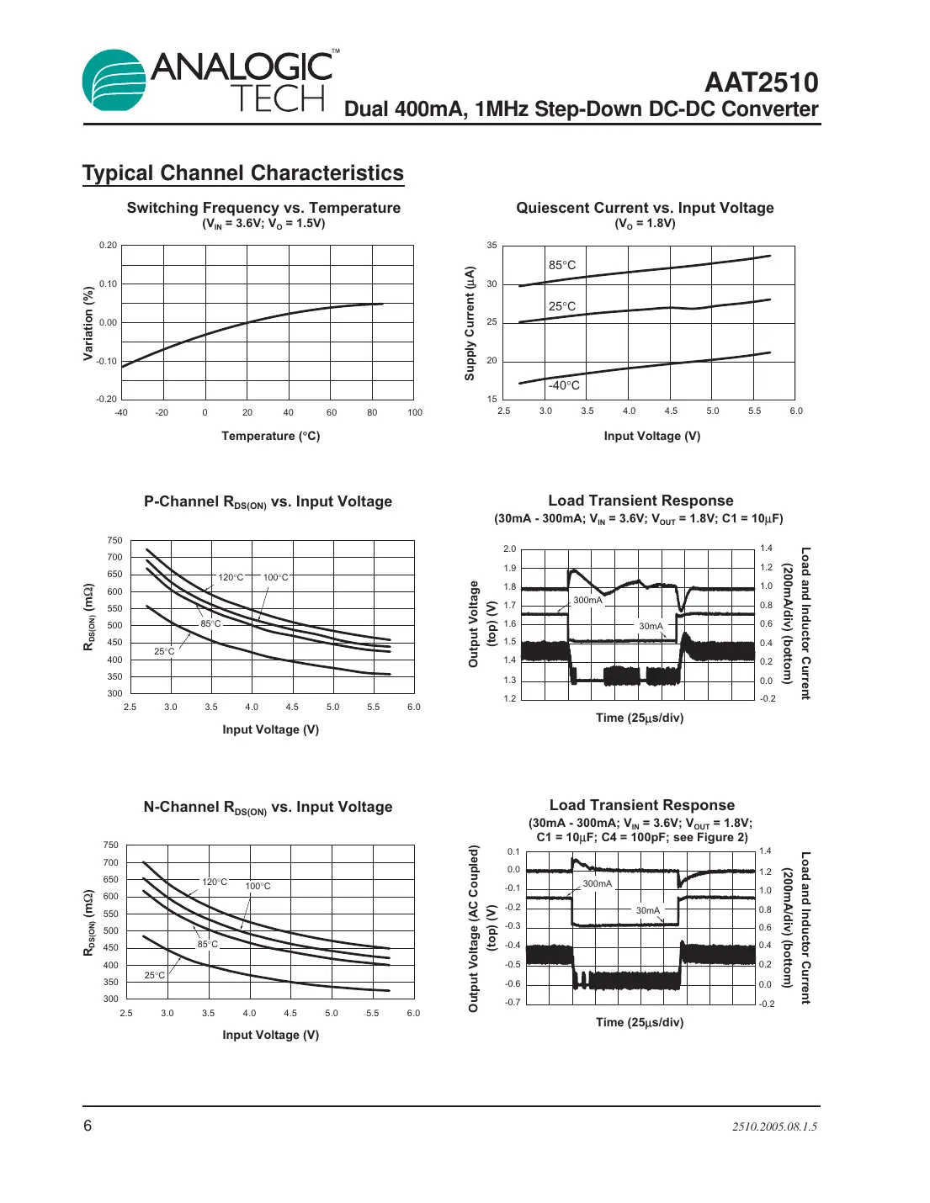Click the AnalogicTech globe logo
pos(114,80)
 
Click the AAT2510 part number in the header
pos(761,82)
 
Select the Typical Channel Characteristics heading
pos(243,173)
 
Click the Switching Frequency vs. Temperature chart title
pos(263,208)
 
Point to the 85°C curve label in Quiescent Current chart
pos(562,265)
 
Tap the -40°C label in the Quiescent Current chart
pos(564,385)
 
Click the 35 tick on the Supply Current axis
pos(492,246)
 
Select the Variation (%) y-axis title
pos(88,323)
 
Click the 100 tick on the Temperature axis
pos(415,412)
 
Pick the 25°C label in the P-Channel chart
pos(164,651)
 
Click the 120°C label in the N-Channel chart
pos(215,882)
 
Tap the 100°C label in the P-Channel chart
pos(275,577)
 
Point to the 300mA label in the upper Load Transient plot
pos(587,600)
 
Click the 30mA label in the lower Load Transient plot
pos(648,910)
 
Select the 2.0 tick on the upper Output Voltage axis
pos(509,549)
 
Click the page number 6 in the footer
pos(88,1126)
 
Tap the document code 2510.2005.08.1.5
pos(774,1126)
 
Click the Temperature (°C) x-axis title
pos(270,436)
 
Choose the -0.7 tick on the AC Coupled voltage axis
pos(513,1002)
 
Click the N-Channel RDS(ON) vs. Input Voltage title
pos(268,807)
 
